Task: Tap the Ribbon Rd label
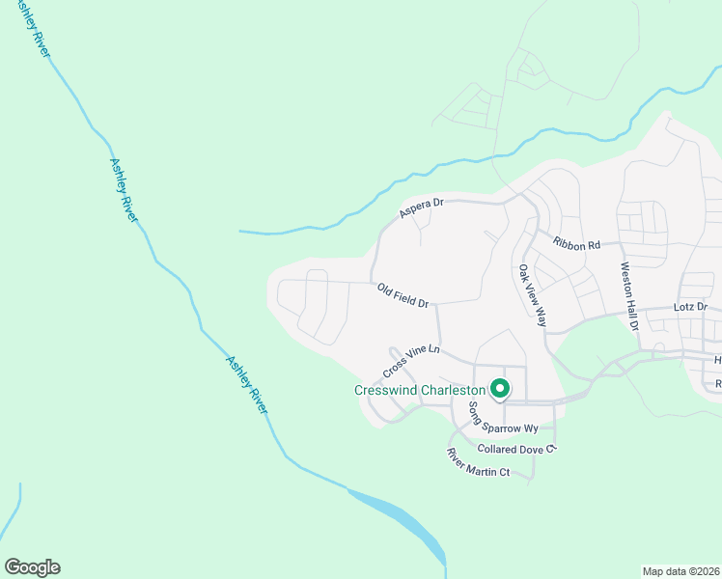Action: pyautogui.click(x=577, y=245)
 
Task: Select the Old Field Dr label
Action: pyautogui.click(x=403, y=295)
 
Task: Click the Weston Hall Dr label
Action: pyautogui.click(x=629, y=297)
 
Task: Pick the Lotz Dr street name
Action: pyautogui.click(x=690, y=307)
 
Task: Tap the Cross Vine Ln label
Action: pyautogui.click(x=411, y=362)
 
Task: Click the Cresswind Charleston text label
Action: pyautogui.click(x=419, y=391)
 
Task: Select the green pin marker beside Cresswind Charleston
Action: pyautogui.click(x=500, y=389)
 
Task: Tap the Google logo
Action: pyautogui.click(x=32, y=567)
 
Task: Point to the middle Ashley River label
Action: pyautogui.click(x=124, y=190)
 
